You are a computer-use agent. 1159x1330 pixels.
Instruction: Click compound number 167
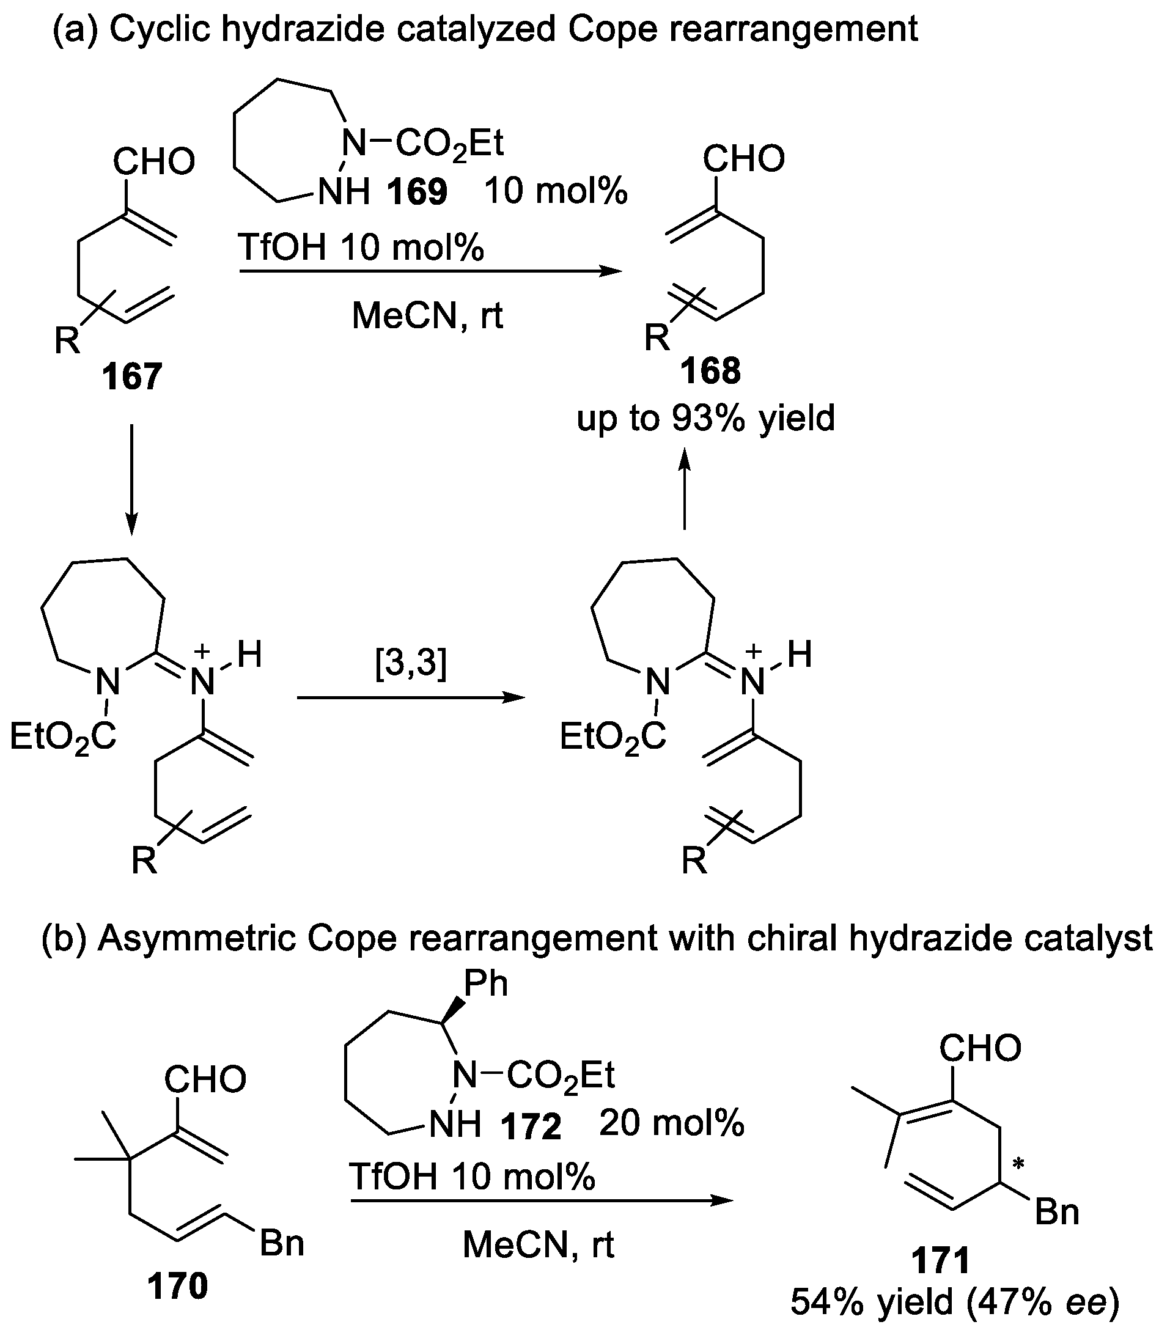pos(131,377)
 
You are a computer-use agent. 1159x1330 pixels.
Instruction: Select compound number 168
pos(710,372)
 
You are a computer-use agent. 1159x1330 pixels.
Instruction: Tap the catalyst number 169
pos(417,192)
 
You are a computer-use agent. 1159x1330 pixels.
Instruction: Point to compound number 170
pos(177,1285)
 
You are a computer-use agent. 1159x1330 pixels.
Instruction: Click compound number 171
pos(940,1260)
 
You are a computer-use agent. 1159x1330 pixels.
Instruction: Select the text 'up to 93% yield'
pos(705,418)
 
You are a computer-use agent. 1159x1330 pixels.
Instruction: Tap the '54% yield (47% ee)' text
pos(955,1301)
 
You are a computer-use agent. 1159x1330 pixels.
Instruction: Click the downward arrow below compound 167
pos(131,479)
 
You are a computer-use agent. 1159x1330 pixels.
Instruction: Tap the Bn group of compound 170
pos(282,1243)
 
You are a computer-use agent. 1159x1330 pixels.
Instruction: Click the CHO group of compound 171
pos(980,1048)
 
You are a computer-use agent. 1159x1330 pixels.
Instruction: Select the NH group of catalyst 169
pos(344,191)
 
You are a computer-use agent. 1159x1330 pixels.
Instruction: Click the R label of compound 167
pos(67,340)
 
